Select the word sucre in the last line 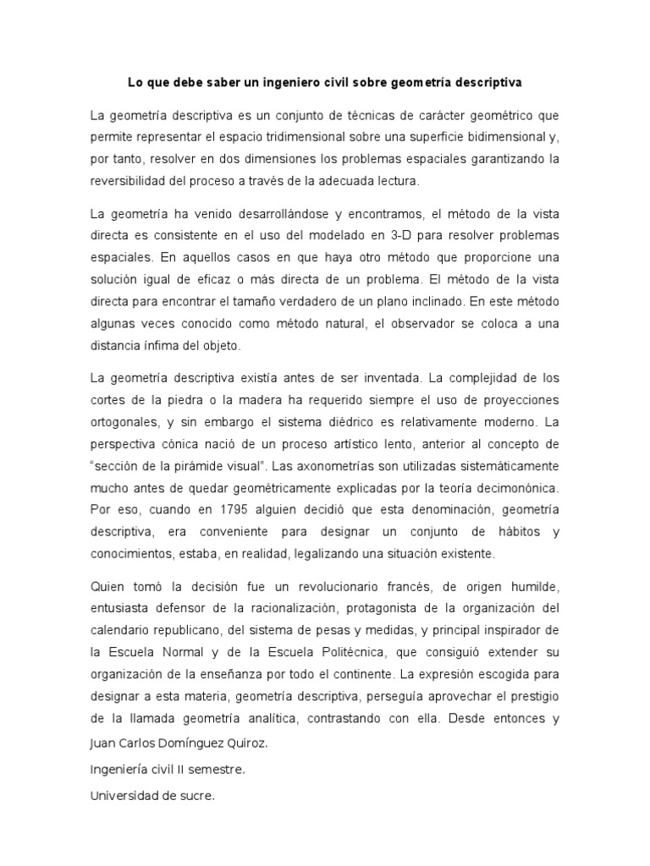(x=196, y=794)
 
